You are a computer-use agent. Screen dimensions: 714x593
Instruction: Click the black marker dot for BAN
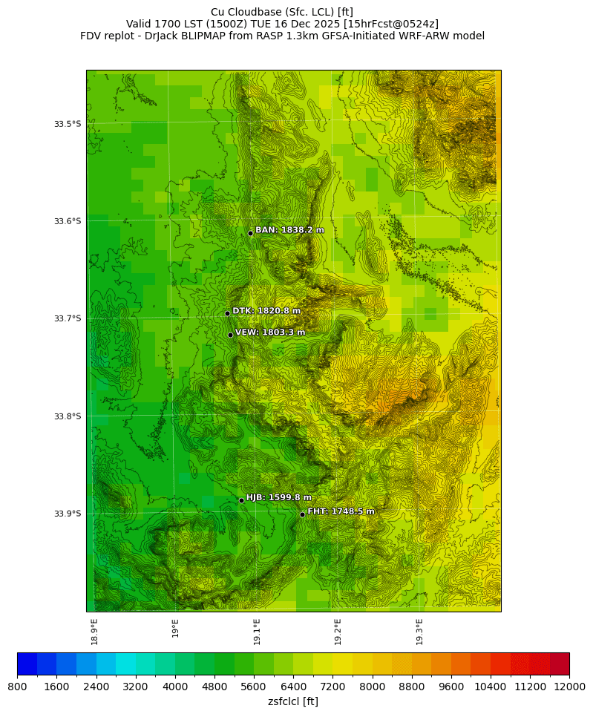250,233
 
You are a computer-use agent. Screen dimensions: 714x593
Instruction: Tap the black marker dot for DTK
227,313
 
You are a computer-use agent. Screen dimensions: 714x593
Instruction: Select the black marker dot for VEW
230,335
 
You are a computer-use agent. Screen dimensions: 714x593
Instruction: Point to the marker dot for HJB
241,500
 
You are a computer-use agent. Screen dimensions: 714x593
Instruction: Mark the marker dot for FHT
303,514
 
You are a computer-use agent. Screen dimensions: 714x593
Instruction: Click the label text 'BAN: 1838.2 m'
289,230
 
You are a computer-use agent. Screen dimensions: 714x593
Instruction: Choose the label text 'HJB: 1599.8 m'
279,497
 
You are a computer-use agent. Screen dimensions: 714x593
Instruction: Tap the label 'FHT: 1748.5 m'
341,511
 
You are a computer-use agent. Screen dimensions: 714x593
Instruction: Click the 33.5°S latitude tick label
67,124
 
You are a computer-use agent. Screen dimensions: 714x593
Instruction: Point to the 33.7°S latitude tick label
67,318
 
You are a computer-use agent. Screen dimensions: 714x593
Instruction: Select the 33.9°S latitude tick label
67,514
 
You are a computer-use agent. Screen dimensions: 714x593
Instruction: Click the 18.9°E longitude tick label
94,631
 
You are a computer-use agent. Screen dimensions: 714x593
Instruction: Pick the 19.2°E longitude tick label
338,631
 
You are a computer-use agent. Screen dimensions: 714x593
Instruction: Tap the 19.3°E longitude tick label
419,631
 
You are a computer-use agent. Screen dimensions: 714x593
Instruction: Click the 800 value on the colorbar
17,687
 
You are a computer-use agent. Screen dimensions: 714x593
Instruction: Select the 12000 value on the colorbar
569,687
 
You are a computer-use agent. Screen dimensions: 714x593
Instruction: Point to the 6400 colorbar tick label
293,687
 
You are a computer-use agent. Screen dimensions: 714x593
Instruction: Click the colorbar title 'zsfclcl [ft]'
293,701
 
